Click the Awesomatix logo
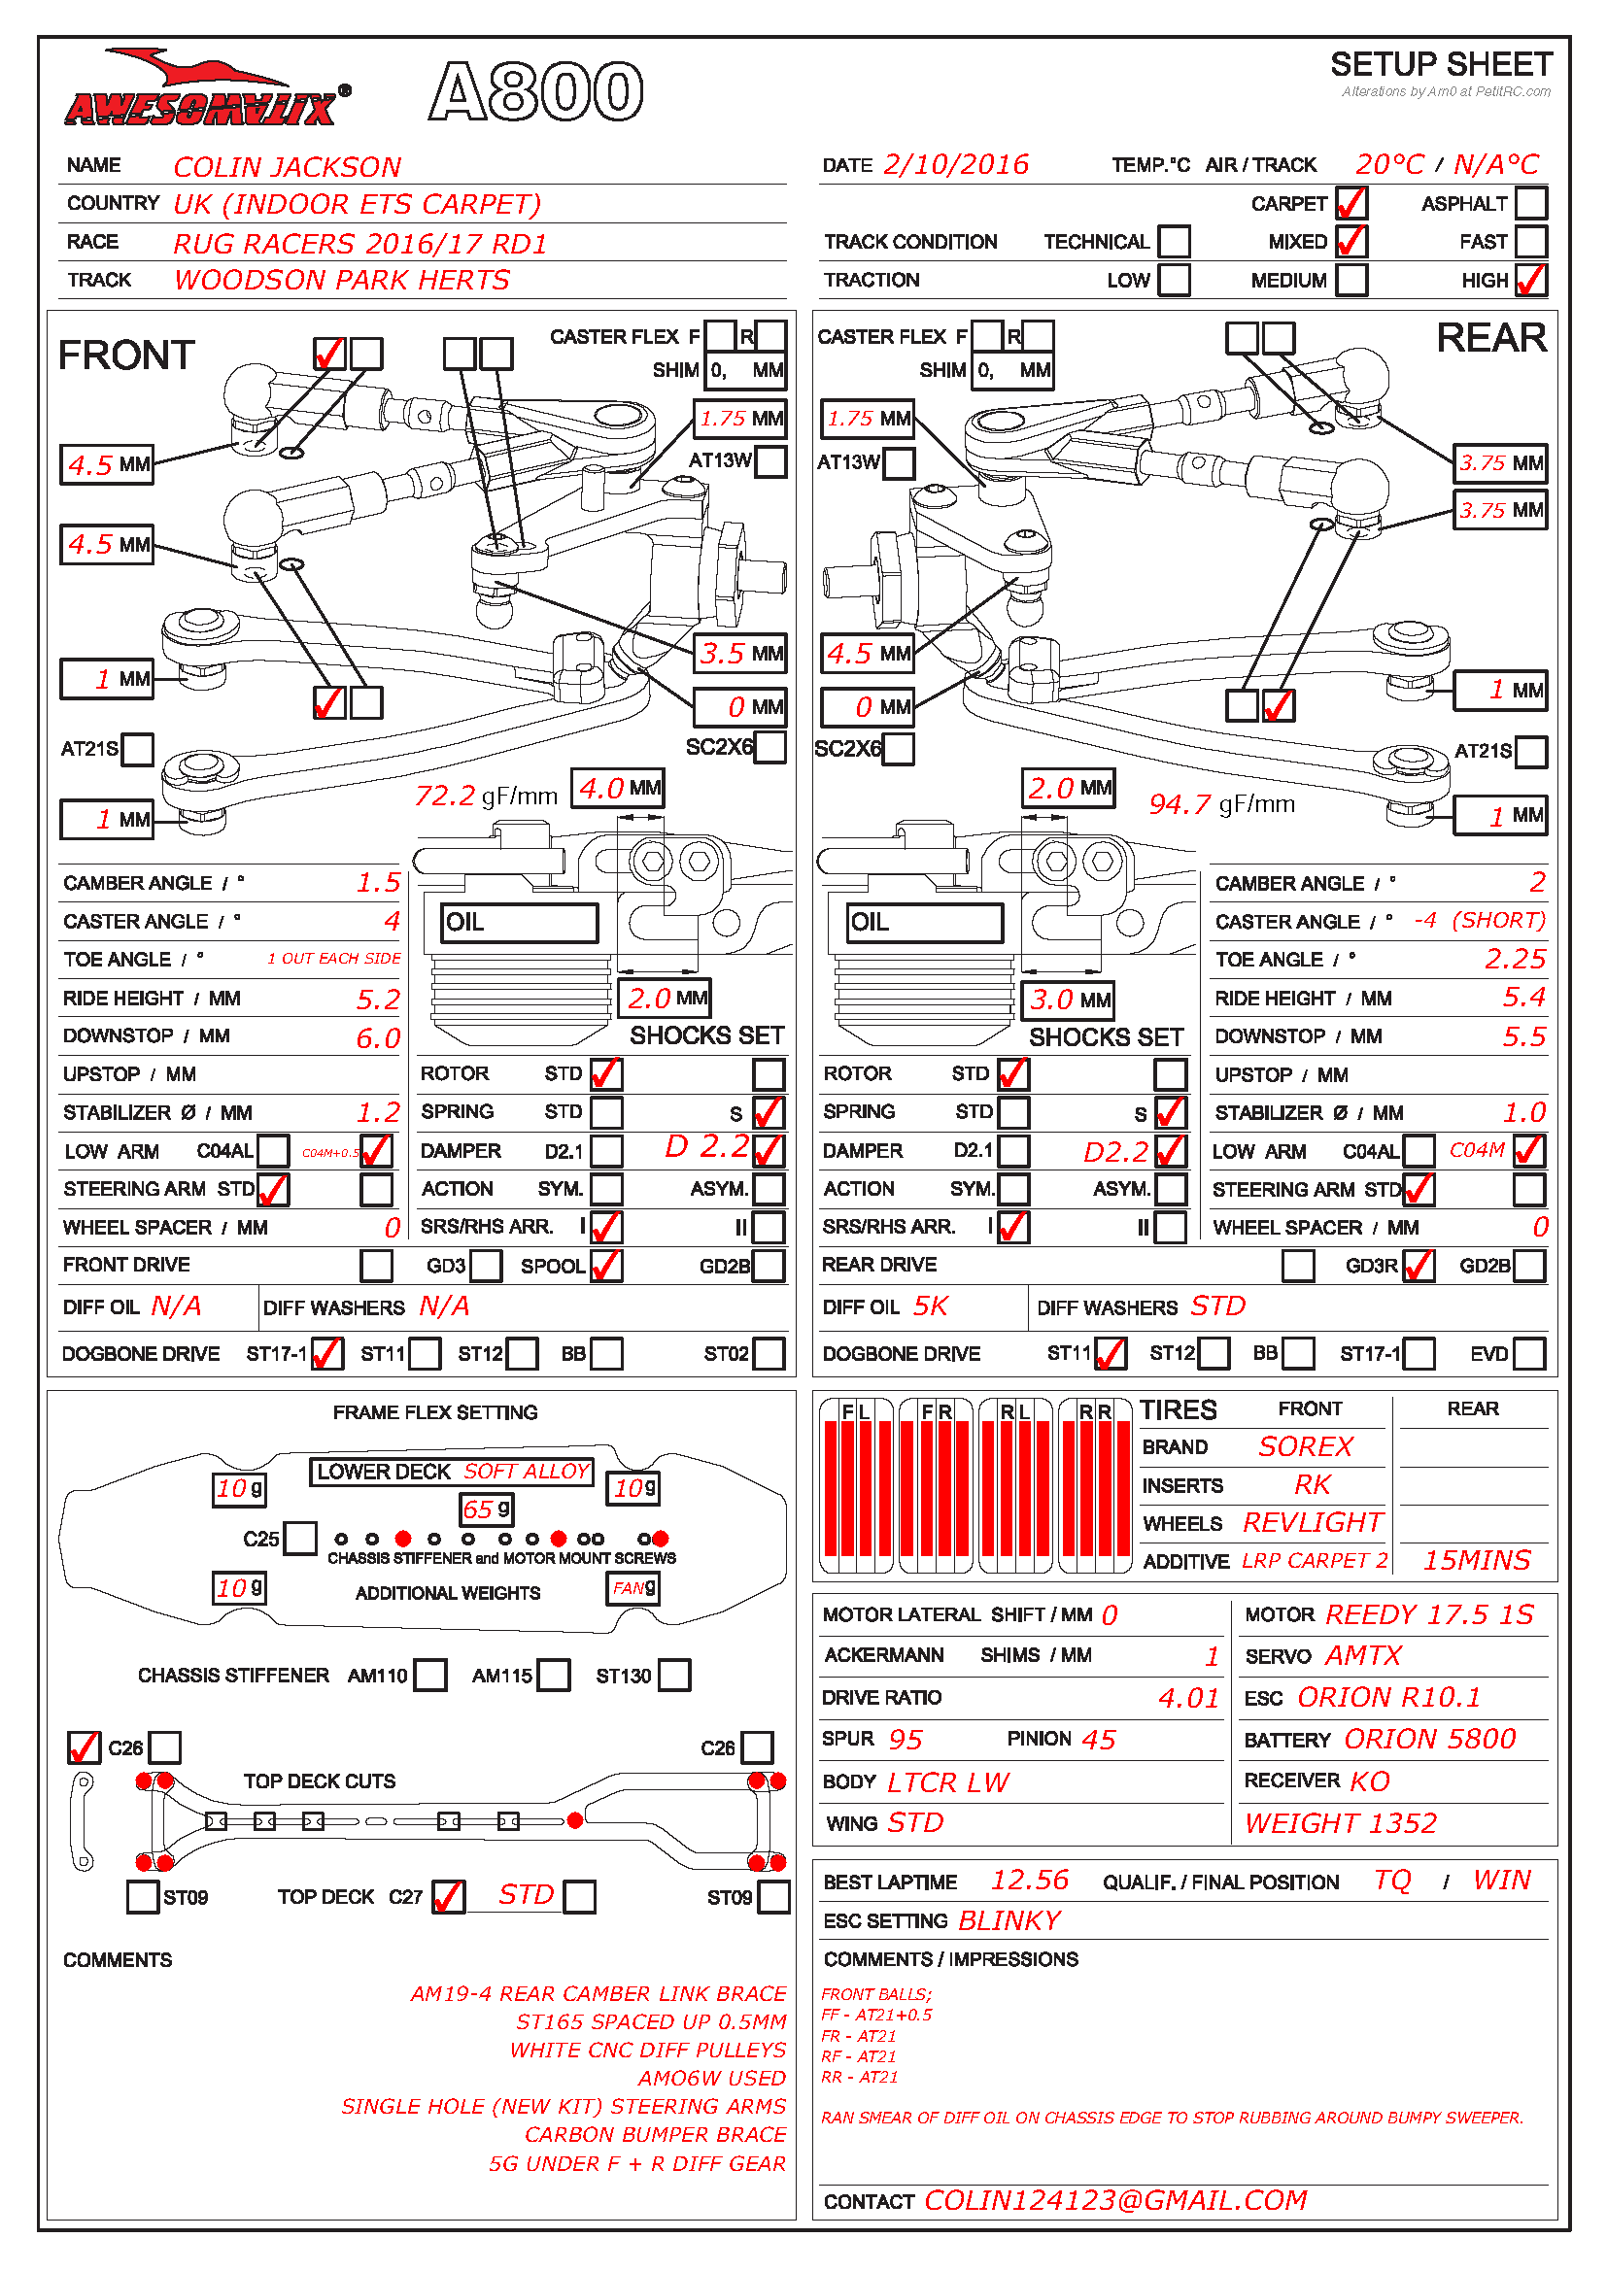tap(206, 91)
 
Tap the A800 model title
tap(536, 91)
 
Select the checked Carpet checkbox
tap(1351, 203)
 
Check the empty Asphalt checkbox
tap(1531, 203)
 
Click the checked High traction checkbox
tap(1531, 280)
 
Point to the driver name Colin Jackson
tap(287, 166)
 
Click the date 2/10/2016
tap(956, 164)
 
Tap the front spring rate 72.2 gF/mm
tap(486, 796)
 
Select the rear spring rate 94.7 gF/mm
tap(1221, 803)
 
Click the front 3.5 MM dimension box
tap(741, 653)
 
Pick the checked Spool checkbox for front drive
tap(606, 1266)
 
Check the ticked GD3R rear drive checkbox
tap(1418, 1266)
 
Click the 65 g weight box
tap(487, 1509)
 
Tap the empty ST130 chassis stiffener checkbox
tap(674, 1676)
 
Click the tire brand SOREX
tap(1305, 1446)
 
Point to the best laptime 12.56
tap(1030, 1881)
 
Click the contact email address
tap(1115, 2200)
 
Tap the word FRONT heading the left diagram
tap(126, 356)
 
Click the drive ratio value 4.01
tap(1188, 1698)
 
